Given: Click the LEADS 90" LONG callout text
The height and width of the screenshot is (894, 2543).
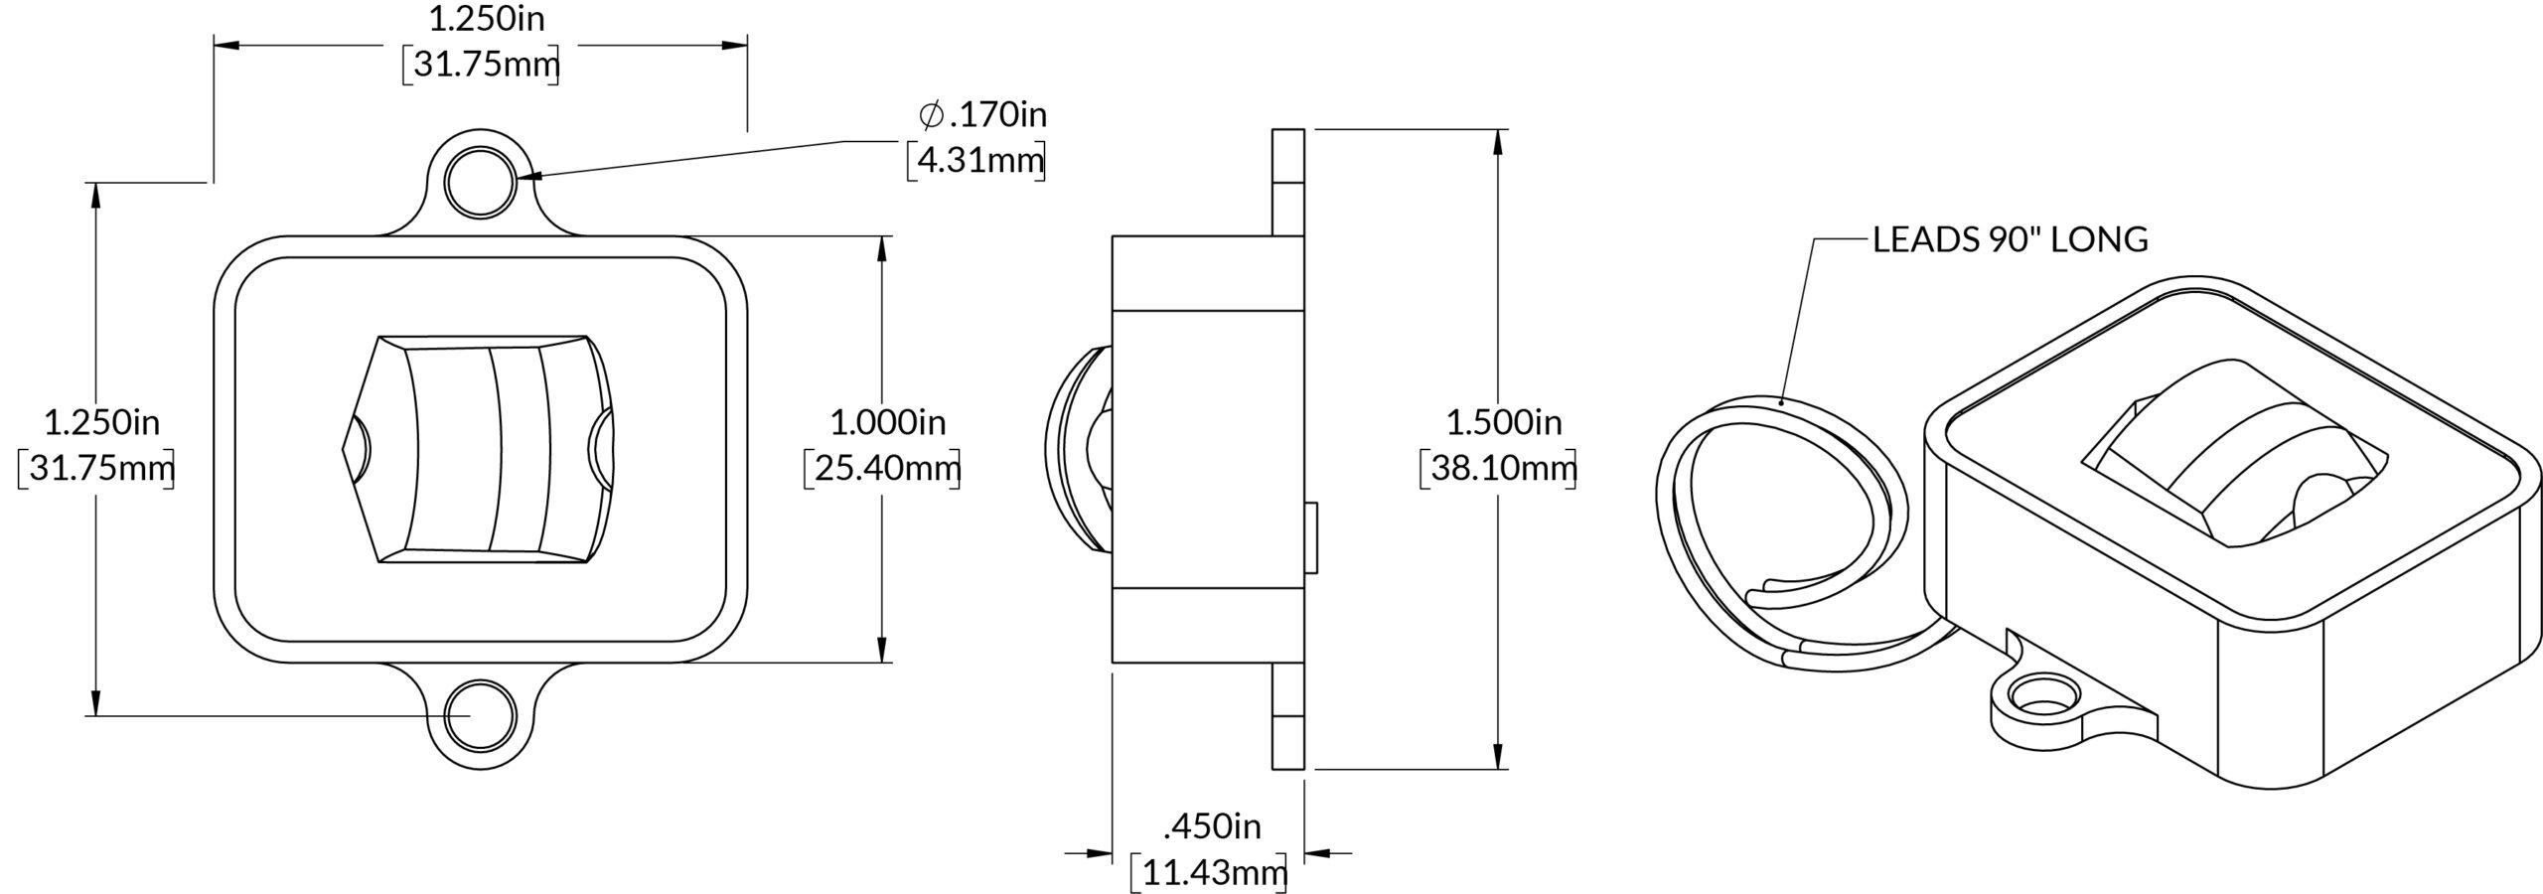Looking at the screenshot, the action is coord(2011,239).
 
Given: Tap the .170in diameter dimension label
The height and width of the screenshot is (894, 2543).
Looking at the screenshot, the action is coord(982,115).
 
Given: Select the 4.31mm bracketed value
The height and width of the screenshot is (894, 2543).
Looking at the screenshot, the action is coord(976,160).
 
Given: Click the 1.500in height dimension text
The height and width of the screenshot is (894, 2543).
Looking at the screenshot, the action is coord(1504,423).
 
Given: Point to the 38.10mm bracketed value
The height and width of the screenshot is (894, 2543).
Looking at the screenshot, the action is coord(1498,468).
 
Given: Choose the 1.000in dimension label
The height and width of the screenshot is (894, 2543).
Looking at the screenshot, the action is coord(888,423).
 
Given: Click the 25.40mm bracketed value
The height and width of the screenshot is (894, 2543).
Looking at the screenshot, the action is coord(882,468).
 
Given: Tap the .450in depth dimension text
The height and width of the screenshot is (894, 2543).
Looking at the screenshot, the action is coord(1213,826).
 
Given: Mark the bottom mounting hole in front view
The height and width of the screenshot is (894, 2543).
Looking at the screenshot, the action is coord(481,716).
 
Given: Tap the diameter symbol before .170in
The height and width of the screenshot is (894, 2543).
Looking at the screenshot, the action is coord(931,115).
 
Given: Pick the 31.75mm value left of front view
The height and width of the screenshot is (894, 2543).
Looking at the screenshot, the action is coord(96,468).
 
